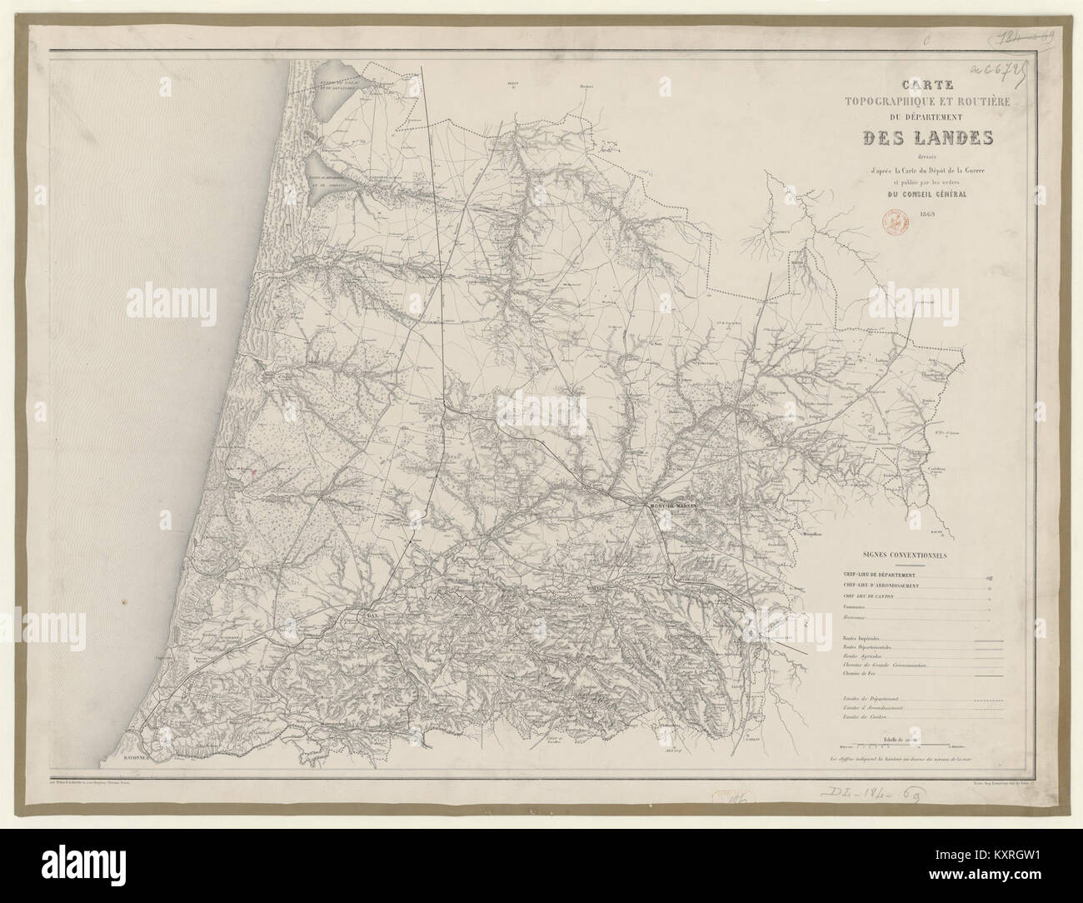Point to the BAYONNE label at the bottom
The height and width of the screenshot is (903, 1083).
(126, 759)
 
